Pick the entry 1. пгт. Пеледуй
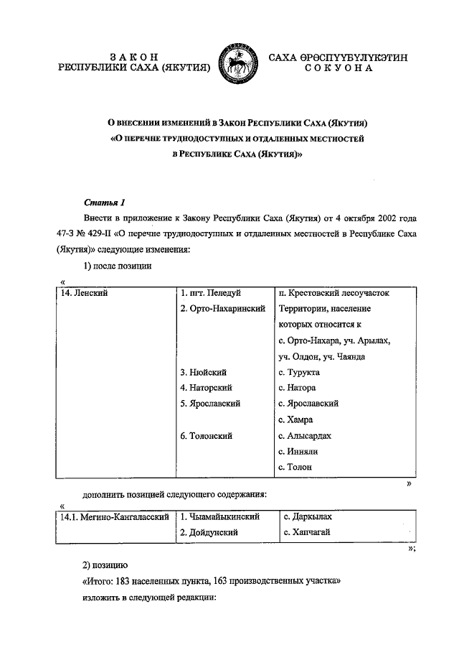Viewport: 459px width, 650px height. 211,293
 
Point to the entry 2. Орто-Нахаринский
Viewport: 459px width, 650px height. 223,309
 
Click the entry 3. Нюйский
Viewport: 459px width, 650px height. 204,372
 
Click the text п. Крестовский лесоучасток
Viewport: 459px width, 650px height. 333,293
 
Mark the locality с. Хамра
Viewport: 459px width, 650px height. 295,419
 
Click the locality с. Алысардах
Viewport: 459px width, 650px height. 304,435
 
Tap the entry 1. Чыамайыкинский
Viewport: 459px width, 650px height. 219,516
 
